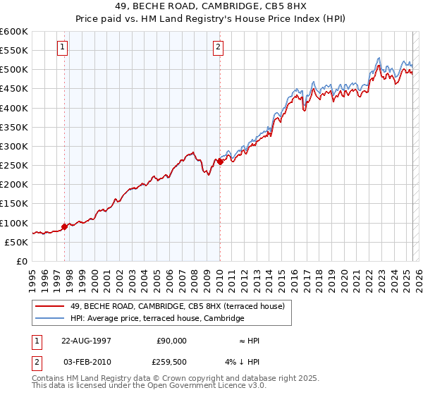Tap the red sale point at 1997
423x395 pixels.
[x=65, y=226]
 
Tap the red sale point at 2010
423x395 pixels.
[x=220, y=162]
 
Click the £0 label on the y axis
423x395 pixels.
[x=22, y=261]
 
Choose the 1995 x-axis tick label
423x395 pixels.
[x=32, y=277]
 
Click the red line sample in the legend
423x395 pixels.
[x=51, y=306]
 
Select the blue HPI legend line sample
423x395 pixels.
[x=51, y=319]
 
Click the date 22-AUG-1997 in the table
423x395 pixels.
[x=86, y=340]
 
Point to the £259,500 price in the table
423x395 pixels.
[x=171, y=363]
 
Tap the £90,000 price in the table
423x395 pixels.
[x=171, y=340]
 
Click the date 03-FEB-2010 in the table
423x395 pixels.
[x=86, y=363]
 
